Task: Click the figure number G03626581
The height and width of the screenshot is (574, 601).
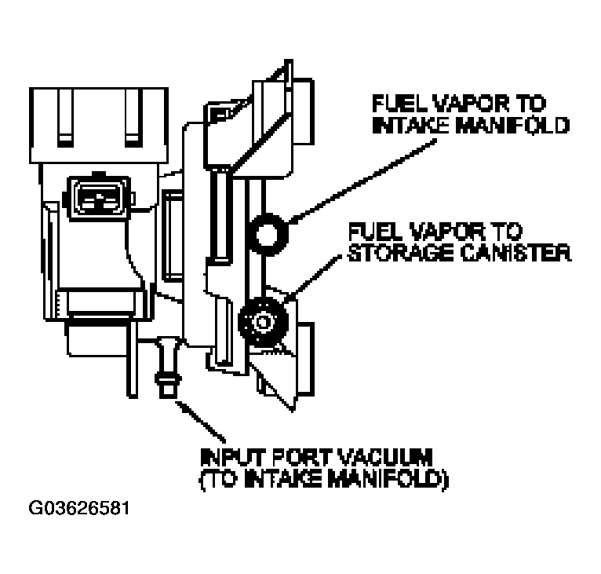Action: [x=79, y=508]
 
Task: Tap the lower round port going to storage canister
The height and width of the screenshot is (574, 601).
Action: [x=263, y=321]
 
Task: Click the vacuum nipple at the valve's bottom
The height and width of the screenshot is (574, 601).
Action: [x=168, y=367]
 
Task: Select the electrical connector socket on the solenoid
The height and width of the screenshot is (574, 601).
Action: [x=100, y=199]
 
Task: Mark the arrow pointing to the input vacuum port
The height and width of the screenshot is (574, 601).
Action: [x=200, y=422]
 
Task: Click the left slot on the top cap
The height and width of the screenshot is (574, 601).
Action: [x=65, y=118]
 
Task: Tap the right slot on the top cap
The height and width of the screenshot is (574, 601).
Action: [x=133, y=118]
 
